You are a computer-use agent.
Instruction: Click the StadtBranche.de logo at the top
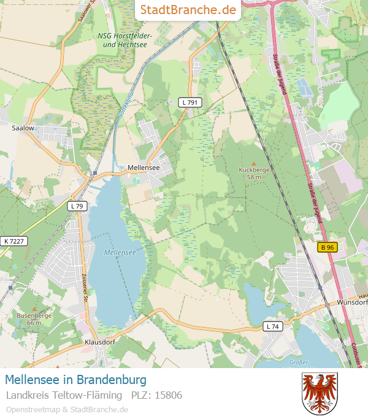188,10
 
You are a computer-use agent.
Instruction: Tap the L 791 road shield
189,102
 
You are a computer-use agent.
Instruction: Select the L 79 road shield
77,206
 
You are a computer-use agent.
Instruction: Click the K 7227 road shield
13,241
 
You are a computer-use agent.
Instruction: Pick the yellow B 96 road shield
328,247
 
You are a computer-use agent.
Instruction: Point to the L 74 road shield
273,326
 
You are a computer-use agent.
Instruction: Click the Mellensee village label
144,167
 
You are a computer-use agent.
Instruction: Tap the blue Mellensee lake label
120,252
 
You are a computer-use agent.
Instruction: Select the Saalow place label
23,128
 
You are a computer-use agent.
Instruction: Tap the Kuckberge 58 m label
254,173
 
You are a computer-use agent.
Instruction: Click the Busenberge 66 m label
34,319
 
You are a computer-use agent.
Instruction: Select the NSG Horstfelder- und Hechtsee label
125,40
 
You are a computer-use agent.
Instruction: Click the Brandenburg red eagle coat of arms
320,393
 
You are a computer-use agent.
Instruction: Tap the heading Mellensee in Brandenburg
76,380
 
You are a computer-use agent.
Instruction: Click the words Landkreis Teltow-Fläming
63,395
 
